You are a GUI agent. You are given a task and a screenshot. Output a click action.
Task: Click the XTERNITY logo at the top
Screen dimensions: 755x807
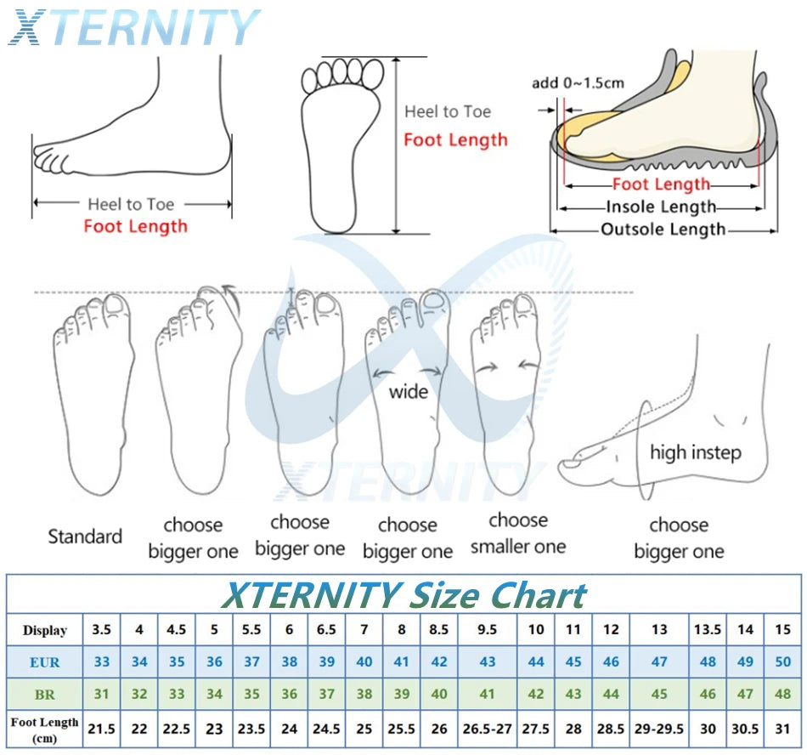click(x=133, y=27)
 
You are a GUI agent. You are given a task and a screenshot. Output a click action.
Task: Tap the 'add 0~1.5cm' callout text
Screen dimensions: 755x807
click(x=578, y=82)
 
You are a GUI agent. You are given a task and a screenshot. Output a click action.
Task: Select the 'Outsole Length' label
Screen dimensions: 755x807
click(x=663, y=230)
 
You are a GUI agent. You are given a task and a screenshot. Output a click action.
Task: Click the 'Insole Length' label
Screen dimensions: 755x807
click(x=662, y=207)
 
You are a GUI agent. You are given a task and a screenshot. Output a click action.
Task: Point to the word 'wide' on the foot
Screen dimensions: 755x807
click(x=408, y=392)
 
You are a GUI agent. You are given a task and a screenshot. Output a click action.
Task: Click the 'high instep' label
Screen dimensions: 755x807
click(x=695, y=452)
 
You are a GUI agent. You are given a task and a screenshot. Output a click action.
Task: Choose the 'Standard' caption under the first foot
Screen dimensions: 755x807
click(x=85, y=536)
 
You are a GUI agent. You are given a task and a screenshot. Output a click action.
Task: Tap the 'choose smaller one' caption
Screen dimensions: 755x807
click(x=518, y=533)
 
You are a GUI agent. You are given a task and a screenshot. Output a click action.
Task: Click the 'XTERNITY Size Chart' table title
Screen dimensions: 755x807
click(x=403, y=595)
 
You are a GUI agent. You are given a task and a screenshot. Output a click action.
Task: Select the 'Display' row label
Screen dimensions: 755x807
click(x=45, y=630)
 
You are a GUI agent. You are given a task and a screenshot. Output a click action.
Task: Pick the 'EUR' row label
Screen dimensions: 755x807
click(x=45, y=661)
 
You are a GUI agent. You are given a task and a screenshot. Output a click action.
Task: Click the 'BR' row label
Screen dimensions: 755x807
click(x=45, y=694)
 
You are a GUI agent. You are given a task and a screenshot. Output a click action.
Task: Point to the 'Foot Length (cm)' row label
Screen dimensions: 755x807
click(x=45, y=729)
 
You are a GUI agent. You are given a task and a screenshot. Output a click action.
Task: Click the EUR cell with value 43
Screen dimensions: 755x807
click(x=488, y=661)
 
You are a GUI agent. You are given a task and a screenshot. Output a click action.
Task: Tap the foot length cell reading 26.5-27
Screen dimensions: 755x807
click(x=488, y=729)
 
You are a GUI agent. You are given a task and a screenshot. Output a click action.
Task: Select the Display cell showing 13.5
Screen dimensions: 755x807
click(x=708, y=630)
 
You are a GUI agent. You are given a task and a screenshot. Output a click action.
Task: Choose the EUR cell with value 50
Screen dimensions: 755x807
click(x=782, y=661)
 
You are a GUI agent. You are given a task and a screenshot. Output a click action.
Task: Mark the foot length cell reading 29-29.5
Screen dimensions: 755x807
click(x=659, y=729)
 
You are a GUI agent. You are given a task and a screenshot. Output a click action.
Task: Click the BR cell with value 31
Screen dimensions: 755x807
click(x=102, y=694)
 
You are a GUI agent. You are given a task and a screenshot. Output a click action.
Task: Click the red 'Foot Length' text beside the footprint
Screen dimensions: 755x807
click(x=455, y=140)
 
